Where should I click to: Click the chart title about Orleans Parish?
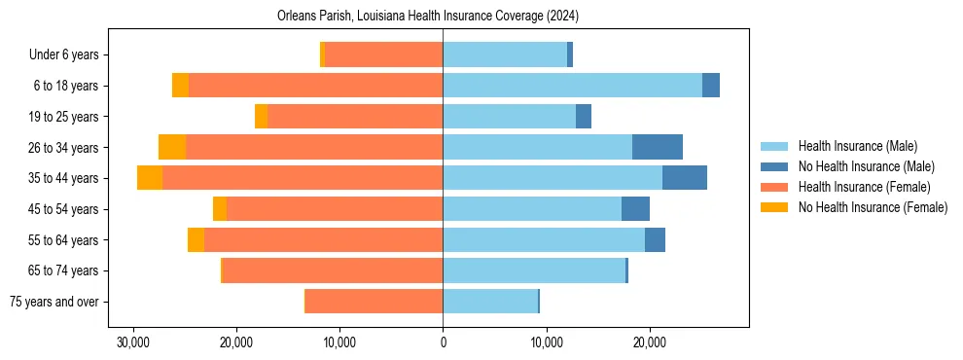coord(443,17)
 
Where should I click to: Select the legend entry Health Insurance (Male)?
coord(857,146)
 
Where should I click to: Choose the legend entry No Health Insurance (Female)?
coord(873,207)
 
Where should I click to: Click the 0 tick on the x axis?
coord(443,342)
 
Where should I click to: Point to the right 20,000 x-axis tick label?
coord(650,342)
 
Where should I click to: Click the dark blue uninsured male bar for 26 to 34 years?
coord(658,147)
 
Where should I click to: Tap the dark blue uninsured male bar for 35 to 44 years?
coord(685,178)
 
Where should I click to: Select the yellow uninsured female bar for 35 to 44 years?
coord(150,178)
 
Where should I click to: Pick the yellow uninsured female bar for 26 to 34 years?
coord(172,147)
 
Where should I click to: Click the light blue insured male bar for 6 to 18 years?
coord(572,86)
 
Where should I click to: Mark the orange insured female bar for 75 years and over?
coord(374,302)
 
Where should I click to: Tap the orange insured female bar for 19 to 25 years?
coord(355,117)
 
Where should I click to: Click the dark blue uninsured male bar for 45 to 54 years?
coord(635,209)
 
